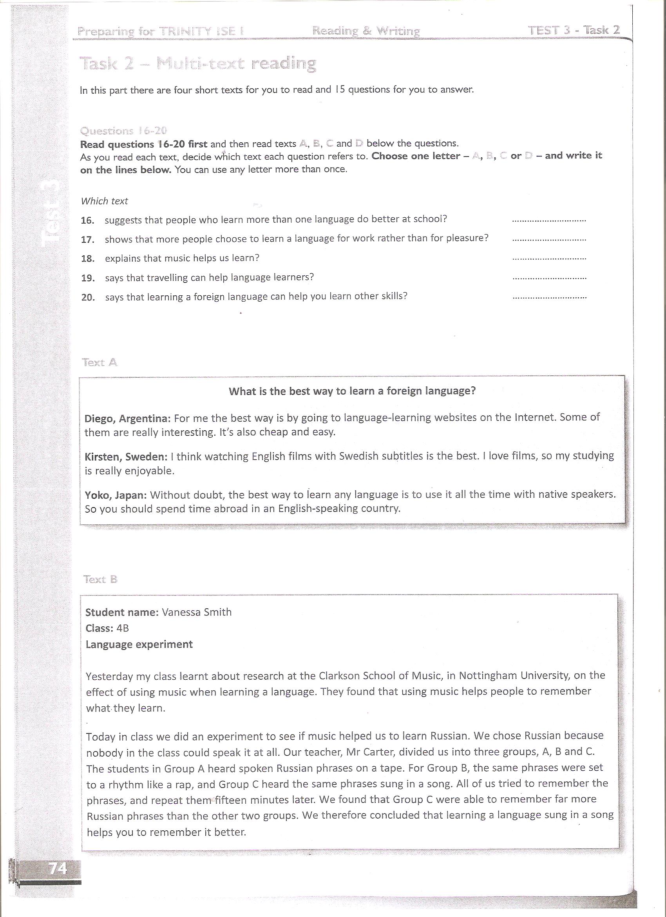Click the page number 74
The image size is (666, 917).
coord(58,868)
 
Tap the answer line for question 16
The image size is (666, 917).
coord(548,221)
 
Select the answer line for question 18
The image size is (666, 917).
coord(549,259)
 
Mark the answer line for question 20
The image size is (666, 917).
coord(549,298)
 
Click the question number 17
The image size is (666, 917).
coord(88,240)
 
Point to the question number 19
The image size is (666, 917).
coord(88,278)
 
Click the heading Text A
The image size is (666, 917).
coord(100,362)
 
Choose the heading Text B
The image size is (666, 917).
coord(100,579)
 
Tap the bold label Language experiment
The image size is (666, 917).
coord(139,644)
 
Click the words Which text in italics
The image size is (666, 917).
coord(104,201)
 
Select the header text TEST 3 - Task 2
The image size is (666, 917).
coord(574,30)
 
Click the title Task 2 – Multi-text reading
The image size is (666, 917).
coord(197,64)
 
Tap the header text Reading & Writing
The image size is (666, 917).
coord(366,31)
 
